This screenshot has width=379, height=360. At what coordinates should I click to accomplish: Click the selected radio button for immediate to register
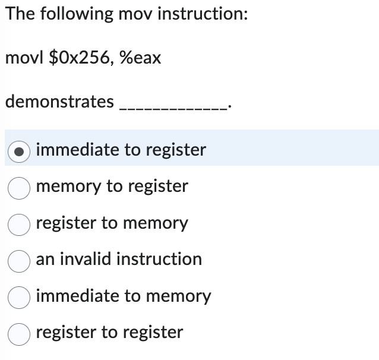[x=19, y=151]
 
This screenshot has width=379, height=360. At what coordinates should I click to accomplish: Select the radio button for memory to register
[x=19, y=188]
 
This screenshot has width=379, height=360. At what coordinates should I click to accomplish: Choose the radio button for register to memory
[x=19, y=224]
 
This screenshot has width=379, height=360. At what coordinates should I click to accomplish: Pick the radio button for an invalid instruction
[x=19, y=260]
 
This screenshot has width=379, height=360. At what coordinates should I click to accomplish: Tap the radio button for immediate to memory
[x=19, y=297]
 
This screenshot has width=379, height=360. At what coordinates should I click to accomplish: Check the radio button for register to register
[x=19, y=333]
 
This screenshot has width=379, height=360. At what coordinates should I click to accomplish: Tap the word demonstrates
[x=59, y=102]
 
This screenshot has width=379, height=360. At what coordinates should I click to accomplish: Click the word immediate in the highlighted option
[x=77, y=150]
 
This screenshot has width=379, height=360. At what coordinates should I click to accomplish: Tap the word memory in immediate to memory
[x=178, y=296]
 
